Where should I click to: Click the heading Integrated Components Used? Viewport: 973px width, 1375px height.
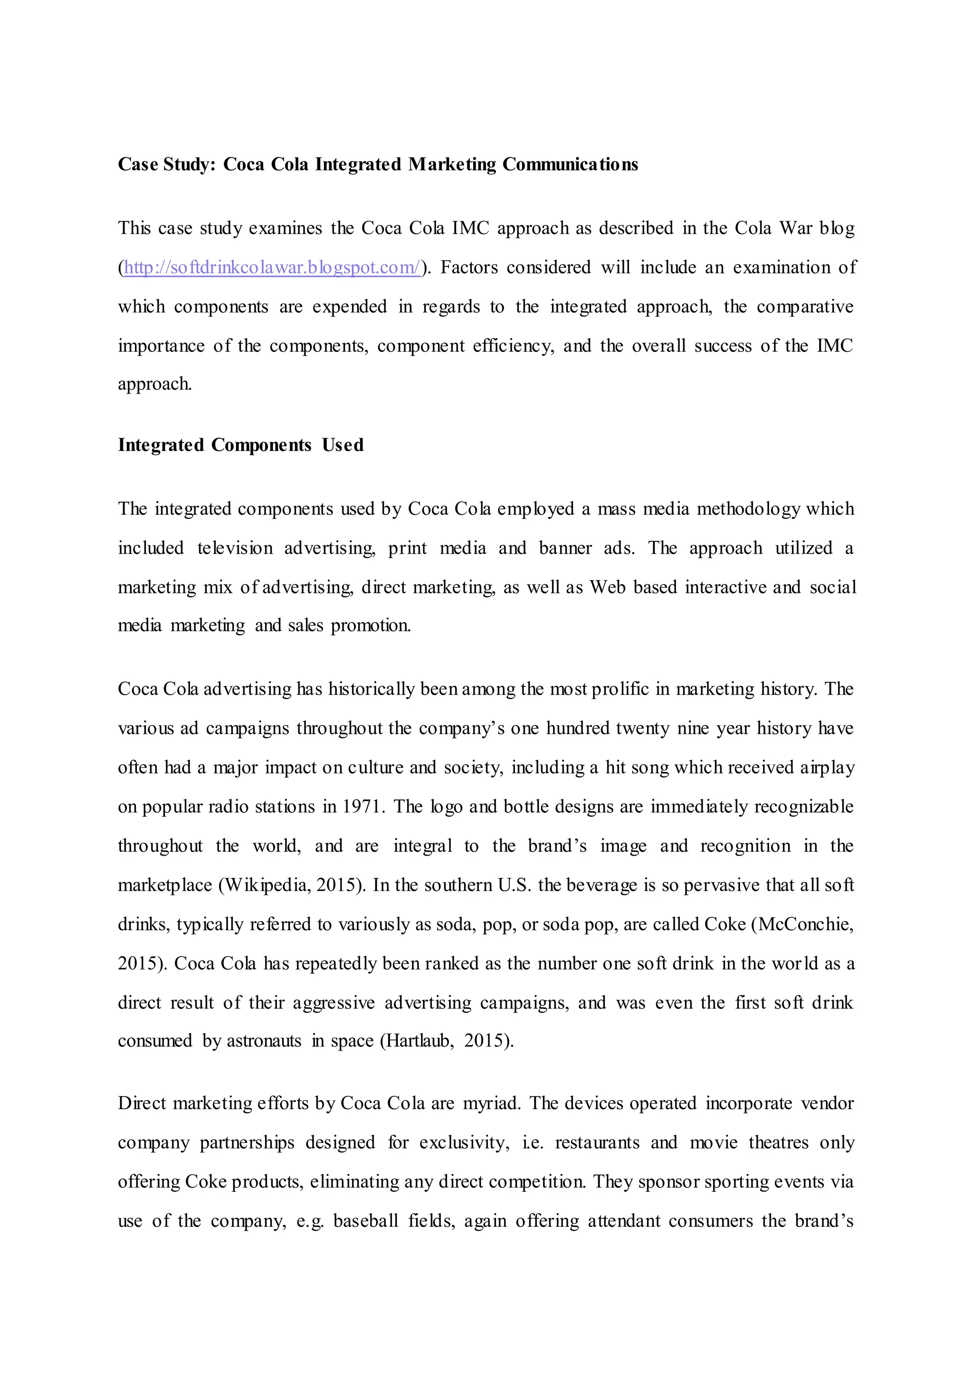(240, 445)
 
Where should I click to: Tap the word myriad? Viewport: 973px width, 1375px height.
(491, 1103)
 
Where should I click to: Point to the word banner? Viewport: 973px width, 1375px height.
(565, 548)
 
